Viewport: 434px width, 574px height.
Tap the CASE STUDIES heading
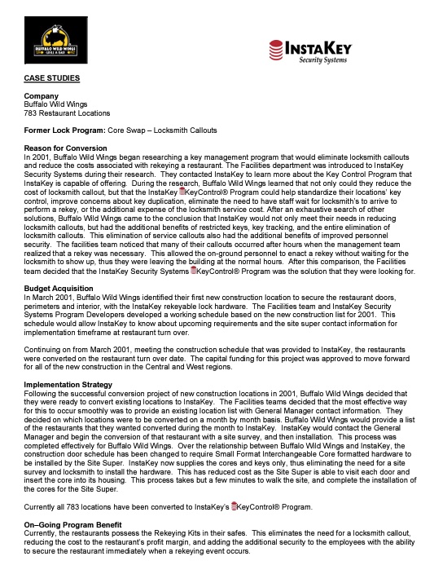pyautogui.click(x=52, y=78)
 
